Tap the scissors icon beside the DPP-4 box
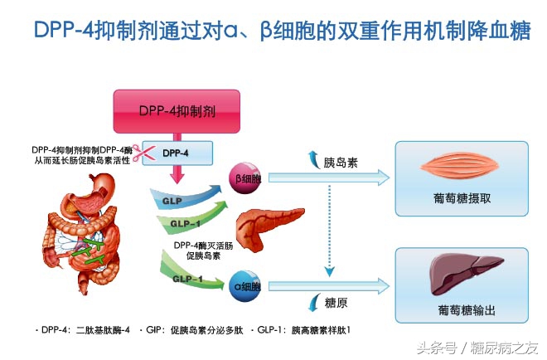coord(148,151)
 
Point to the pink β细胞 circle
coord(247,177)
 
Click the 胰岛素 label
coord(341,161)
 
